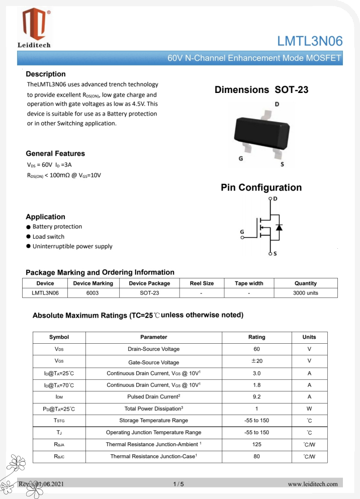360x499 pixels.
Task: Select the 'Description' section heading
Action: (46, 74)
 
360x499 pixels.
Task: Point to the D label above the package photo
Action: (277, 105)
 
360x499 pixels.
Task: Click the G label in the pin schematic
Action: (242, 232)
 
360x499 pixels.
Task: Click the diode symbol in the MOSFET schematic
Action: (279, 227)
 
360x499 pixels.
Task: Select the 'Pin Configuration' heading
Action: (261, 187)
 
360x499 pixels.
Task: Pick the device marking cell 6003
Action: (93, 292)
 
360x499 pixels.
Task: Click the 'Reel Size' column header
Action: (202, 283)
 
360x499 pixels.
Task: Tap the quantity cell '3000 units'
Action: (305, 292)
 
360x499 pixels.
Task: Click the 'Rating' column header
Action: (256, 337)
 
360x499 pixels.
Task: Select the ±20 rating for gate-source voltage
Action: (256, 361)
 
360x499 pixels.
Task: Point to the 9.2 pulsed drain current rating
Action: (256, 397)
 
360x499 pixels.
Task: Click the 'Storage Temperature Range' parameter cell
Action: (153, 420)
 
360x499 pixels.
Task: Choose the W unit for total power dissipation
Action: (309, 409)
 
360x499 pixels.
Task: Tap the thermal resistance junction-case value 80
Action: (256, 456)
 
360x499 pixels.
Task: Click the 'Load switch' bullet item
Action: (48, 237)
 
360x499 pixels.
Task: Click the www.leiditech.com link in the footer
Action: (312, 484)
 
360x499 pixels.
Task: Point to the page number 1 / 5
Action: (178, 484)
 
